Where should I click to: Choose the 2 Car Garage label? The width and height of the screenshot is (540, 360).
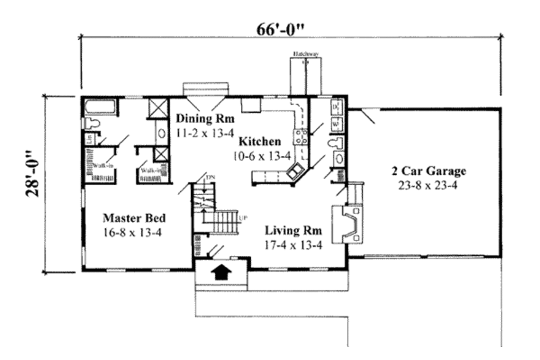coord(427,171)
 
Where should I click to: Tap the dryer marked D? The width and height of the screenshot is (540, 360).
coord(336,107)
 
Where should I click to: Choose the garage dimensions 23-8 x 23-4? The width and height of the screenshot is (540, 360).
coord(427,184)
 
